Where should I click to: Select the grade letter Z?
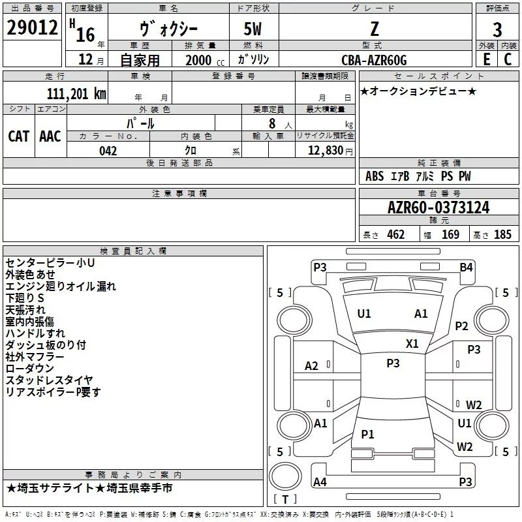pyautogui.click(x=374, y=29)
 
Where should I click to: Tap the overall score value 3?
pyautogui.click(x=497, y=29)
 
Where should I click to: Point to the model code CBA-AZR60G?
pyautogui.click(x=374, y=60)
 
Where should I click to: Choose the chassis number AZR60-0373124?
pyautogui.click(x=438, y=208)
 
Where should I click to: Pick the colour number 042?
pyautogui.click(x=108, y=151)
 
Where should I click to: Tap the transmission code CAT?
pyautogui.click(x=19, y=136)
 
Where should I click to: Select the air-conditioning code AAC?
pyautogui.click(x=50, y=136)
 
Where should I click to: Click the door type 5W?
pyautogui.click(x=254, y=29)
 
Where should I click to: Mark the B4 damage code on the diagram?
pyautogui.click(x=466, y=267)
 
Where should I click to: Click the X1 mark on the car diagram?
pyautogui.click(x=412, y=343)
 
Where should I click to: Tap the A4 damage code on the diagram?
pyautogui.click(x=320, y=482)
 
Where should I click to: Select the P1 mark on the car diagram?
pyautogui.click(x=367, y=434)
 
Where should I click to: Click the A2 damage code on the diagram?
pyautogui.click(x=312, y=366)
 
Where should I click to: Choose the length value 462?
pyautogui.click(x=395, y=235)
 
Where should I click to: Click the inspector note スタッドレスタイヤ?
pyautogui.click(x=49, y=380)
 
